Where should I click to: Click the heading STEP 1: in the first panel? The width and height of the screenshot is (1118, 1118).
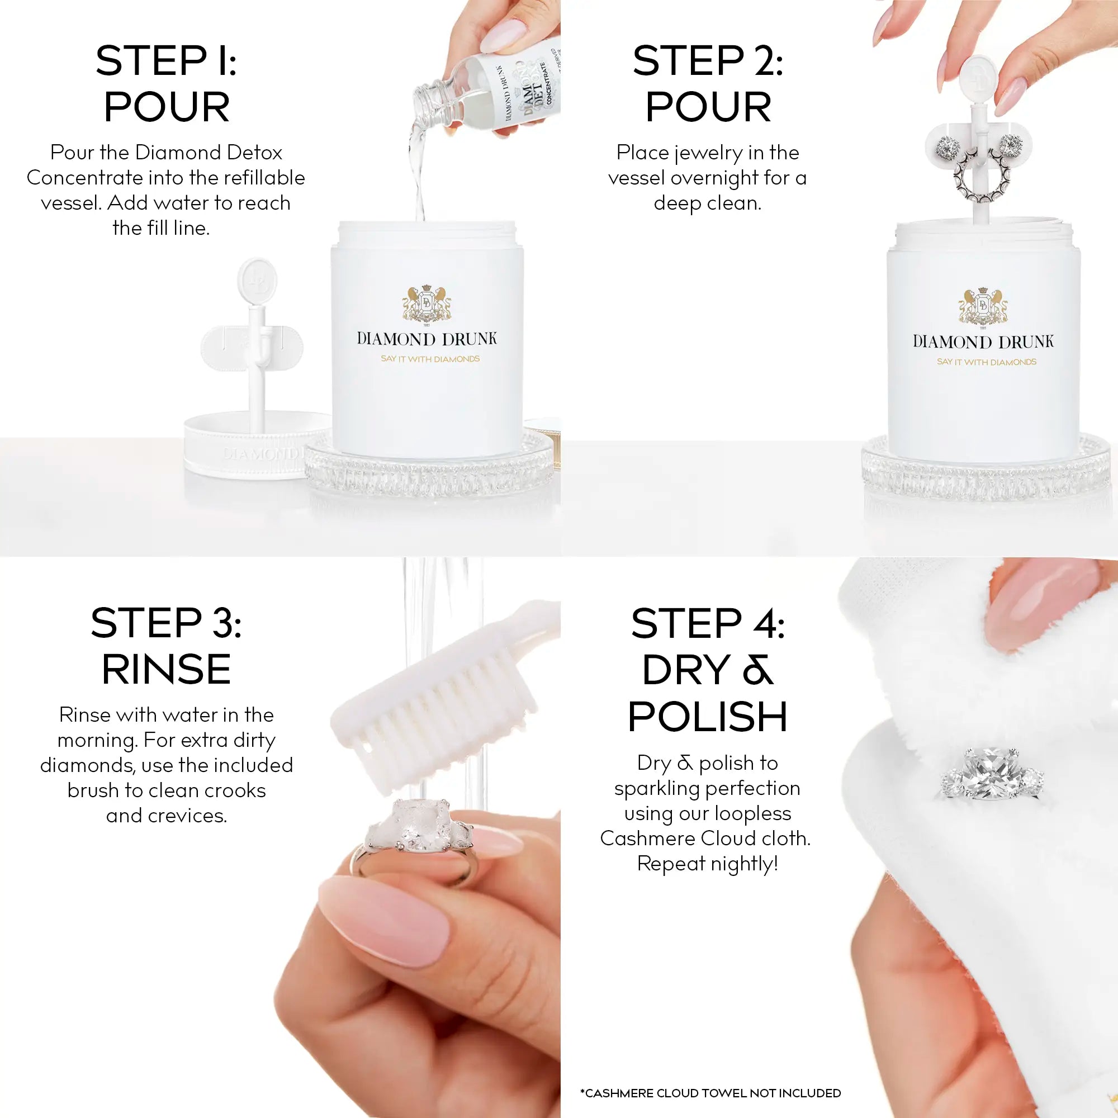point(166,61)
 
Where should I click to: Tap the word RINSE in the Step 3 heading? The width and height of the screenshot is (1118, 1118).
point(166,670)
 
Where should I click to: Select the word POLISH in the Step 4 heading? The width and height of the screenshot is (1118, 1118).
point(707,717)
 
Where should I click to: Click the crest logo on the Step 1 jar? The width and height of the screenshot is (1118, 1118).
point(427,303)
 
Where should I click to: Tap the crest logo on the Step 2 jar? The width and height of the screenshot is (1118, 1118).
point(983,306)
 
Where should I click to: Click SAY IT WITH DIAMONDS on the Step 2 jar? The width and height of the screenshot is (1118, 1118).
point(986,362)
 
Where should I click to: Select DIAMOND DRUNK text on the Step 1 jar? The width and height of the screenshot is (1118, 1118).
point(427,339)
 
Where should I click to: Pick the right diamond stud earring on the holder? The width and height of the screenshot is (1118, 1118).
point(1010,143)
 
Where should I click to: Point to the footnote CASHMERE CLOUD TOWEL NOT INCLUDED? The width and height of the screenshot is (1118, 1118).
point(710,1093)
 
